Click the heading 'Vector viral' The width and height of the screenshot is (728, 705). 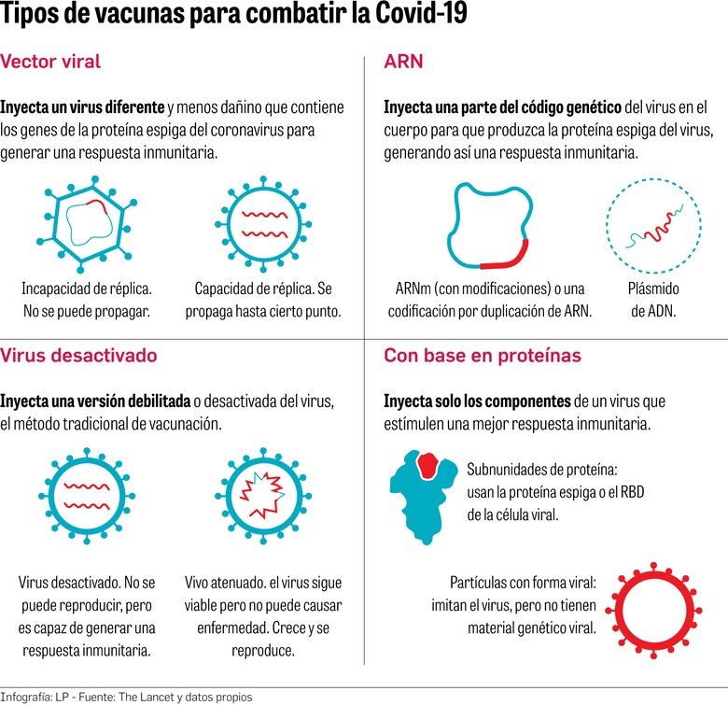pos(50,63)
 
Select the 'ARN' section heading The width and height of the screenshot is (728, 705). pos(403,63)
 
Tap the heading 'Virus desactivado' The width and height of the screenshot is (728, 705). pos(78,355)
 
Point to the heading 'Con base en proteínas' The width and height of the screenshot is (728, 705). pos(483,355)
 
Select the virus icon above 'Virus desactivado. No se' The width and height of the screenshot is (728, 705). pos(87,493)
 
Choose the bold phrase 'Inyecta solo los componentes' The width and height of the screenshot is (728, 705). pos(477,401)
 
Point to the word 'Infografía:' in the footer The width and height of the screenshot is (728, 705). pos(29,697)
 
